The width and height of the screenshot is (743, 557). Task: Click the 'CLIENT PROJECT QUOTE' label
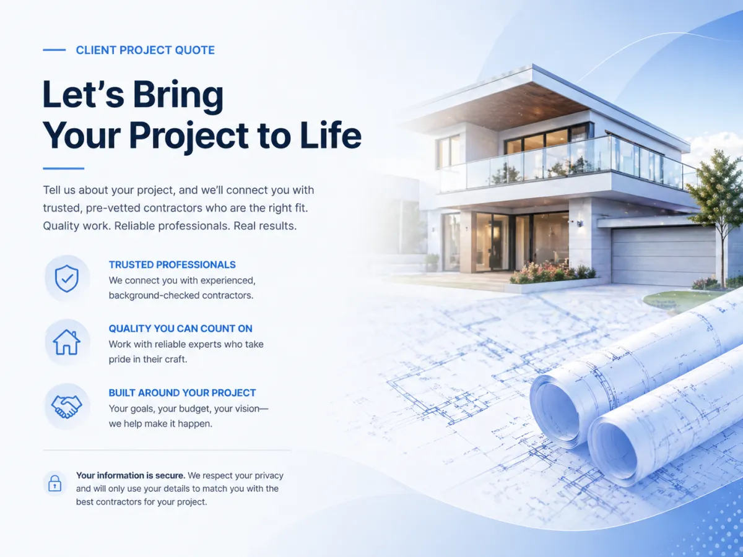click(x=146, y=50)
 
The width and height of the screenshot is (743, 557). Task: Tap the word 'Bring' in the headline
click(x=178, y=96)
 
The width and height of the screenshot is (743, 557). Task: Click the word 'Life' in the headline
click(x=331, y=136)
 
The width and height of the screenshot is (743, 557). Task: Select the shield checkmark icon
click(x=67, y=278)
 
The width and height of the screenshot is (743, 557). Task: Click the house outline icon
click(x=67, y=342)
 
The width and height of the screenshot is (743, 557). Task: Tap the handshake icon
click(x=67, y=407)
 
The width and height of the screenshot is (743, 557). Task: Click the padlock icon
click(x=55, y=483)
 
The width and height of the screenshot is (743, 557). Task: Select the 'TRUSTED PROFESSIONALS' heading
click(x=172, y=265)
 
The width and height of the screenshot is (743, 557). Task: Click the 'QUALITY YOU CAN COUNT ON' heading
click(x=180, y=329)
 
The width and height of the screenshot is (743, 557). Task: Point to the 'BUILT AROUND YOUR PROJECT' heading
click(x=182, y=393)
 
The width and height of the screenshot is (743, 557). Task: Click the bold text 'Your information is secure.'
click(x=130, y=475)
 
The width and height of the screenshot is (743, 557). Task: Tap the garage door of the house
click(x=664, y=256)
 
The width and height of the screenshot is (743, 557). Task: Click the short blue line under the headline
click(x=63, y=168)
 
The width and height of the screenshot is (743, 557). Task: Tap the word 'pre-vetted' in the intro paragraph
click(x=113, y=208)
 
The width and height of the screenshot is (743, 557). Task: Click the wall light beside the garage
click(x=580, y=223)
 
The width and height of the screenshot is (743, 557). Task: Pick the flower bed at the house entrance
click(x=552, y=274)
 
